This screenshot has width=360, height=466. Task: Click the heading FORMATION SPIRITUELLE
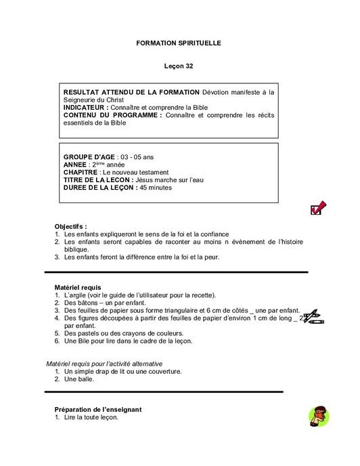coord(179,43)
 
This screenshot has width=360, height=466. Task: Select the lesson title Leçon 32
coord(179,66)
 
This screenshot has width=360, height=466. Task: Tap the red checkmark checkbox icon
coord(318,209)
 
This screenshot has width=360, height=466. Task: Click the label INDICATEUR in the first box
coord(85,108)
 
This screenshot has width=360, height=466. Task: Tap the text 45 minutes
coord(155,188)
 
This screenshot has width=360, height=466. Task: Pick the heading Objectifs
coord(70,226)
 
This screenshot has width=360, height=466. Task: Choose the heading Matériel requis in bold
coord(78,288)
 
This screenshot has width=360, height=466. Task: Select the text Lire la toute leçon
coord(91,418)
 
